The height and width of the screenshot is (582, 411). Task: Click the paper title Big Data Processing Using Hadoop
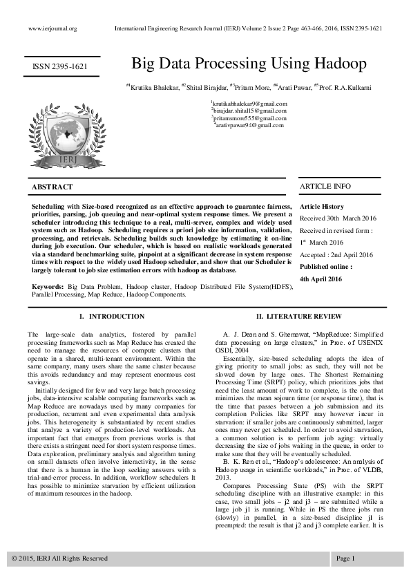[249, 64]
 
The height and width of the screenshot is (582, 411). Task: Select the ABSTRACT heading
[52, 187]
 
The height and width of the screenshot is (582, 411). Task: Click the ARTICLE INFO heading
[325, 187]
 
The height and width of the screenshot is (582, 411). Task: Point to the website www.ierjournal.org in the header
[52, 28]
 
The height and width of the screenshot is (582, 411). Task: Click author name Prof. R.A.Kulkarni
[345, 87]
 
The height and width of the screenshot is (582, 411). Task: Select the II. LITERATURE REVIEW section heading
[298, 317]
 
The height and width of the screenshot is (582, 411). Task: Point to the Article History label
[321, 207]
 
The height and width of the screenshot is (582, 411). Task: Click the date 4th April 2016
[321, 278]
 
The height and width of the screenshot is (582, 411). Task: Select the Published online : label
[325, 266]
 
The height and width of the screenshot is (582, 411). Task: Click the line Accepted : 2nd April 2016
[336, 254]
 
